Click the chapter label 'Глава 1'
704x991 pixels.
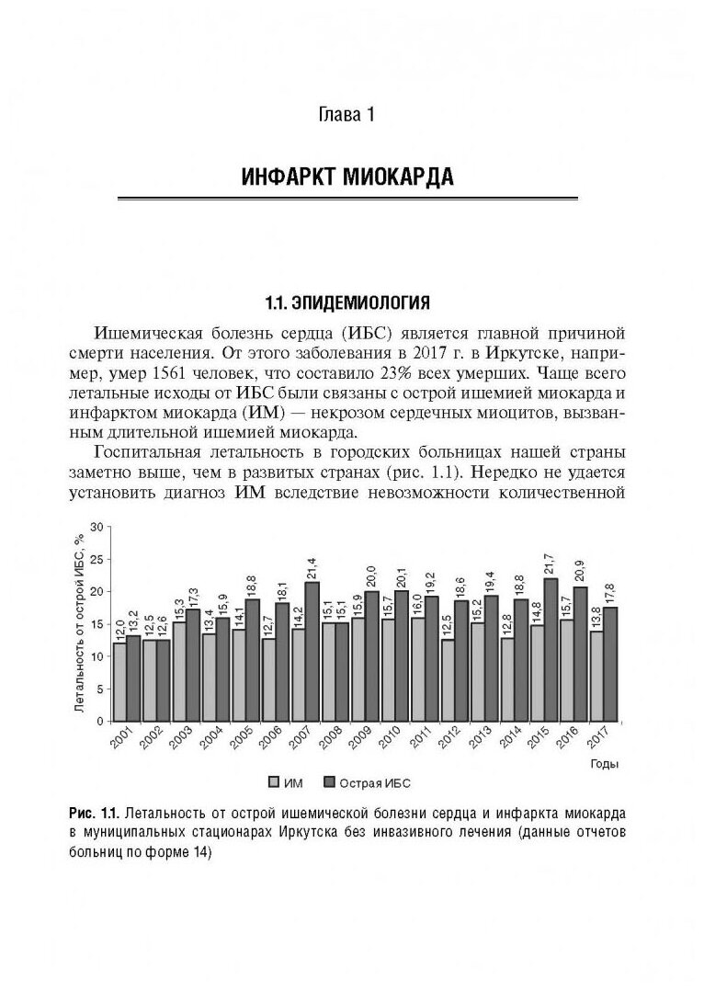click(x=347, y=116)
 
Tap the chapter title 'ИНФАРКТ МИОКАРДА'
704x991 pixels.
click(x=347, y=176)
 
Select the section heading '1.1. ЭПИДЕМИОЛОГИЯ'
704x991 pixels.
click(x=347, y=302)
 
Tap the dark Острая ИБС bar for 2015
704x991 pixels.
click(x=551, y=649)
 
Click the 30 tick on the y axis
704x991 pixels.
click(x=95, y=527)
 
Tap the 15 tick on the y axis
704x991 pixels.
click(x=95, y=624)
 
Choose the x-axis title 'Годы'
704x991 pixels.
click(x=603, y=763)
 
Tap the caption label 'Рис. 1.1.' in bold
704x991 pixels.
click(x=93, y=814)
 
